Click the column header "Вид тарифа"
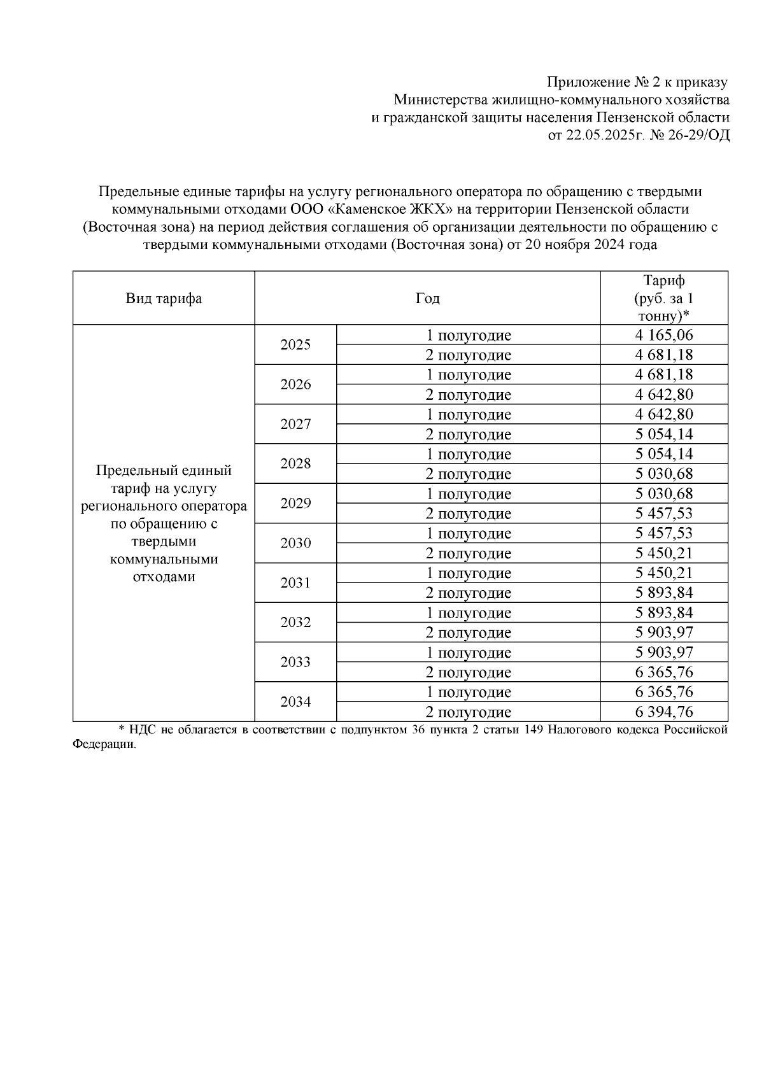(164, 299)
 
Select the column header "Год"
(427, 299)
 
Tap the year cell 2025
(295, 345)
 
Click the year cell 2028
(295, 464)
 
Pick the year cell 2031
(295, 583)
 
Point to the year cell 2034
(295, 702)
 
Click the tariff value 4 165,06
(663, 335)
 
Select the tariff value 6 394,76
(663, 712)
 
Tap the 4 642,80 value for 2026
(663, 395)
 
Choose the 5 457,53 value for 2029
(663, 514)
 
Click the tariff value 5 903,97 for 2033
(663, 653)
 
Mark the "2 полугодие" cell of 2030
(468, 553)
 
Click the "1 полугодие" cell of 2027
(468, 414)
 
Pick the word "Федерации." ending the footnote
(105, 745)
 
